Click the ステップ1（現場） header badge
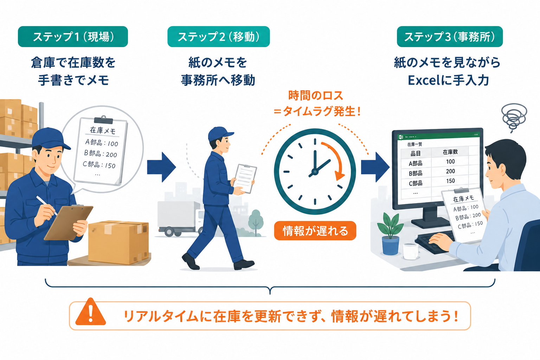pos(73,37)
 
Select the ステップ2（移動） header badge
pos(219,37)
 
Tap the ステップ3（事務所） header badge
pos(450,37)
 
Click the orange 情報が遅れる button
pos(315,231)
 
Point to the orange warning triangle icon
pos(91,312)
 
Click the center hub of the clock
pos(315,172)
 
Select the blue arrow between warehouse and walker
pos(161,167)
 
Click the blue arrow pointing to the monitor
pos(375,167)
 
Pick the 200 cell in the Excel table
pos(450,171)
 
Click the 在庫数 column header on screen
pos(450,152)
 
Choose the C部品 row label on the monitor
pos(415,183)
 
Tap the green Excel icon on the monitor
pos(401,137)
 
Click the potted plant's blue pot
pos(391,245)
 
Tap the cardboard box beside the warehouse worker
pos(118,242)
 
